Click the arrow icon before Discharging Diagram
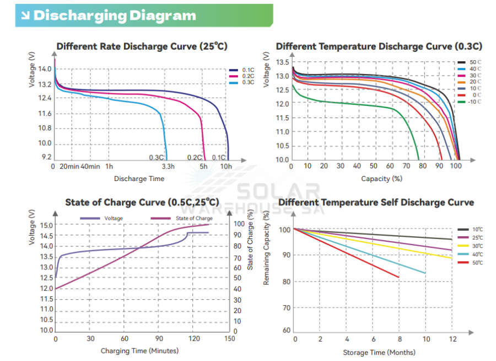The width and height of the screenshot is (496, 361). click(25, 15)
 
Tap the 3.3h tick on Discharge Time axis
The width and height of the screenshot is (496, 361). click(168, 166)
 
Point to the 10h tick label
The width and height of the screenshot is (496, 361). click(226, 166)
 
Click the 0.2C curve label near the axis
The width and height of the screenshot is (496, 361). click(195, 157)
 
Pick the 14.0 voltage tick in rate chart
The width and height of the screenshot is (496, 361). click(45, 69)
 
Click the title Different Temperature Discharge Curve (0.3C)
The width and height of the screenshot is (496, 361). click(379, 46)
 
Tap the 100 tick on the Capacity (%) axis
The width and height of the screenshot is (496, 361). click(457, 166)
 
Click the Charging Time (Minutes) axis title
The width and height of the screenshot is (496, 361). click(139, 351)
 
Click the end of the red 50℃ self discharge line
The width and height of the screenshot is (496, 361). click(398, 277)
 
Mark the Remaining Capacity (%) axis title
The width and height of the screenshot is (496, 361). click(266, 248)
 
